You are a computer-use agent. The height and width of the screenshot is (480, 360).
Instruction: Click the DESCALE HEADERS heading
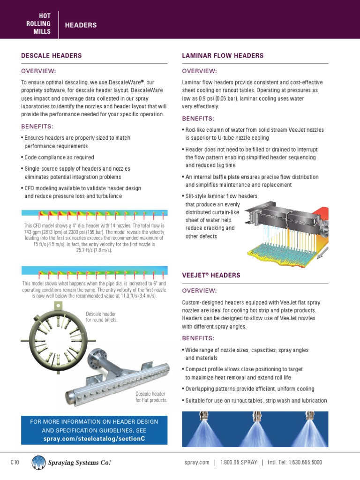[52, 56]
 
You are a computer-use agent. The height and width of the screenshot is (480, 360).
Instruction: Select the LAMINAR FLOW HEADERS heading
[222, 56]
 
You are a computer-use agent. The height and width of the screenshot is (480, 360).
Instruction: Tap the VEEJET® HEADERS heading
[211, 275]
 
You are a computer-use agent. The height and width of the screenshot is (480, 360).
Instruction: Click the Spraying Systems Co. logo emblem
[38, 463]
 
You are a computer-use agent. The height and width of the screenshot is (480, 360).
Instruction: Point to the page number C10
[15, 463]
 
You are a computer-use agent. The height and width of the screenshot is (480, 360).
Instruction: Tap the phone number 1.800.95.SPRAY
[239, 463]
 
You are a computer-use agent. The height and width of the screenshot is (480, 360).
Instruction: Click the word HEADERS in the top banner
[80, 25]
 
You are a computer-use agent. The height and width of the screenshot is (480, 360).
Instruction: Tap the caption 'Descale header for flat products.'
[151, 397]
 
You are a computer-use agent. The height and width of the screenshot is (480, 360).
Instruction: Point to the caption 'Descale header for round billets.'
[101, 316]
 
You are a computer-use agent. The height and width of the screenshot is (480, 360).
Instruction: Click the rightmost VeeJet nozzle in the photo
[309, 416]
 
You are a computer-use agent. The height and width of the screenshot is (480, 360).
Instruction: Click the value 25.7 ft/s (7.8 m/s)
[94, 250]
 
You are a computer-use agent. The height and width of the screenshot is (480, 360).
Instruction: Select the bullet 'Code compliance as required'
[59, 157]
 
